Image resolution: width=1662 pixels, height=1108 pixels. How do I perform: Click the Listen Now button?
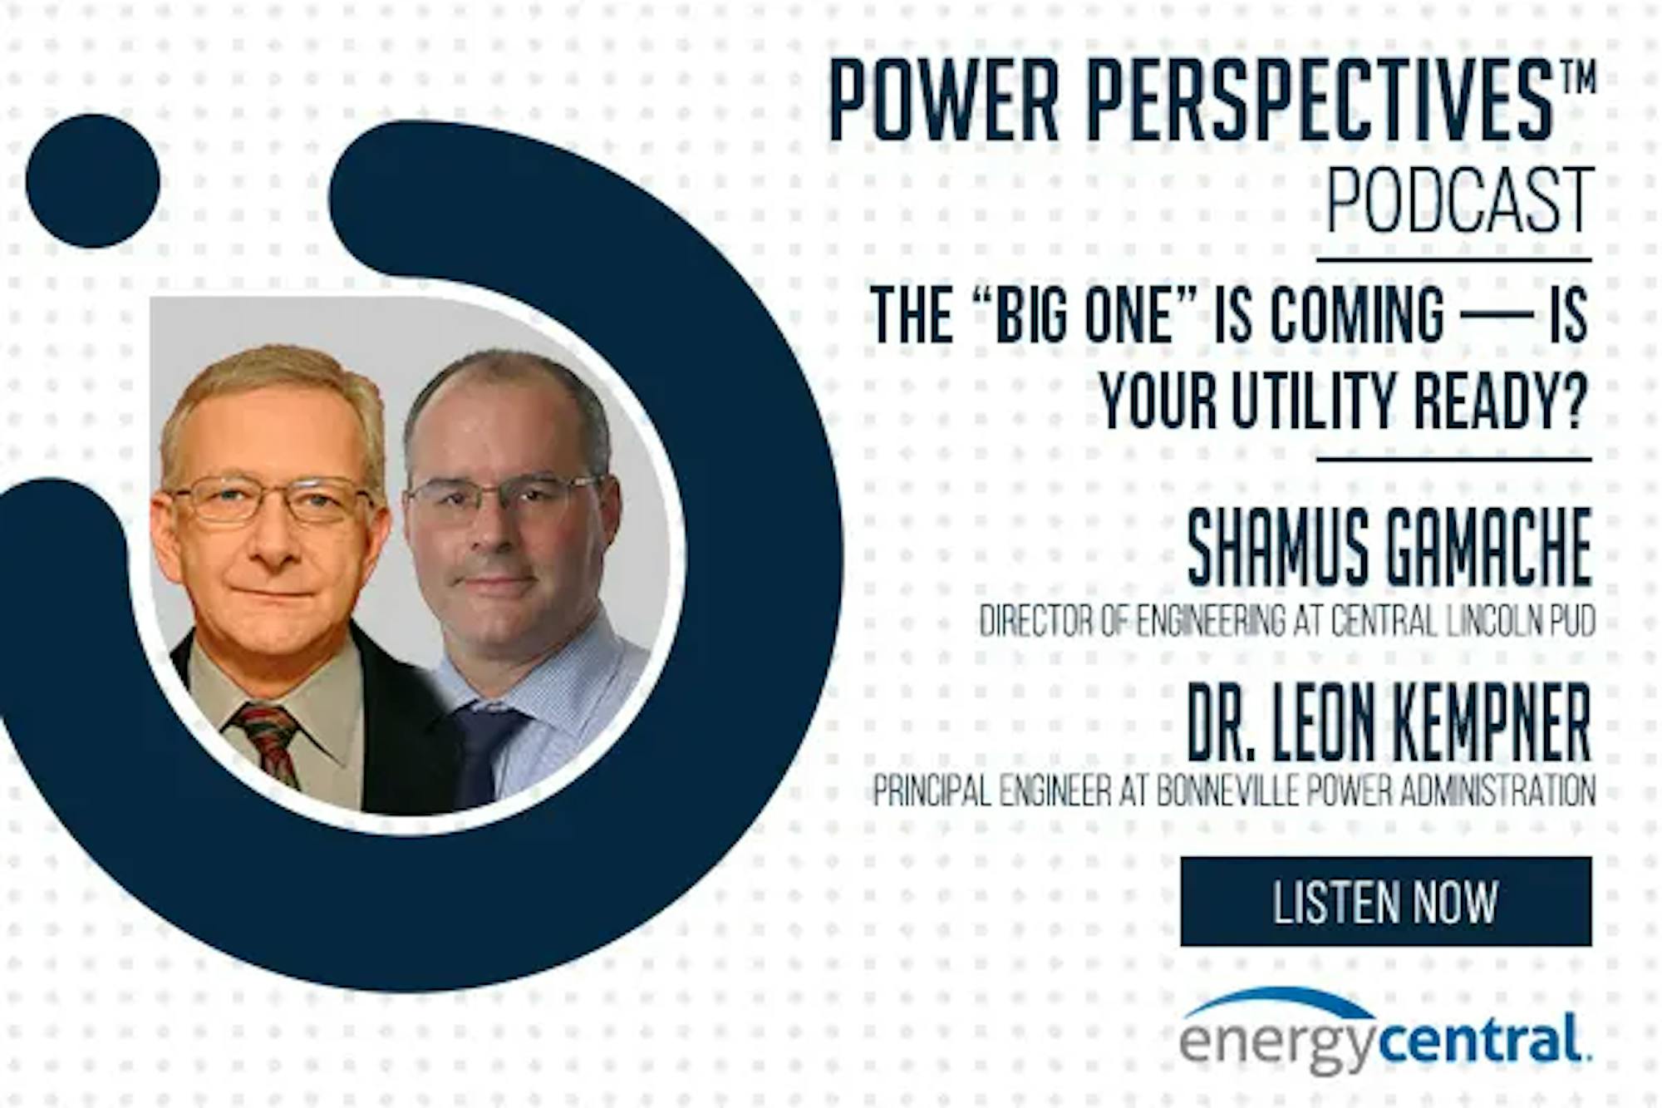click(1385, 902)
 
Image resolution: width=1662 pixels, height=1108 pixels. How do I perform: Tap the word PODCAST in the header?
click(1460, 200)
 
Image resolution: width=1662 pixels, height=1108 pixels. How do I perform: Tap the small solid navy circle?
click(92, 181)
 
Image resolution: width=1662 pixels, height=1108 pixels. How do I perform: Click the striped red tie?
click(267, 742)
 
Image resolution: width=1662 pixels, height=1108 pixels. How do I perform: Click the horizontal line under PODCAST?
click(1454, 260)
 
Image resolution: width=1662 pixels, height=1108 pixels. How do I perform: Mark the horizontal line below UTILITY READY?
click(1454, 459)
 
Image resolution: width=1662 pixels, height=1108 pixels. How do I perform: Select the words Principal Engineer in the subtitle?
click(991, 790)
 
